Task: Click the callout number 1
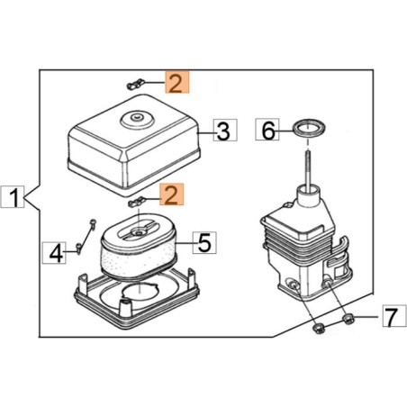point(13,197)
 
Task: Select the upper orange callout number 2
point(176,82)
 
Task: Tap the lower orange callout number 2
point(172,194)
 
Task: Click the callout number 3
point(225,130)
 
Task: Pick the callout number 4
point(54,253)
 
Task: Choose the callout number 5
point(204,242)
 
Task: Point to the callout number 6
point(267,130)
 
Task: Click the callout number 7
point(394,316)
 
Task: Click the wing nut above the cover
point(135,84)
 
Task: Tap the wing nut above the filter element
point(136,202)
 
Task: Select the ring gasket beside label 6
point(310,128)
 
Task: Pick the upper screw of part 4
point(93,223)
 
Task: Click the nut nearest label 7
point(348,319)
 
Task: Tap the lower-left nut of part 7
point(318,328)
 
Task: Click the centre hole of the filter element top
point(140,232)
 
